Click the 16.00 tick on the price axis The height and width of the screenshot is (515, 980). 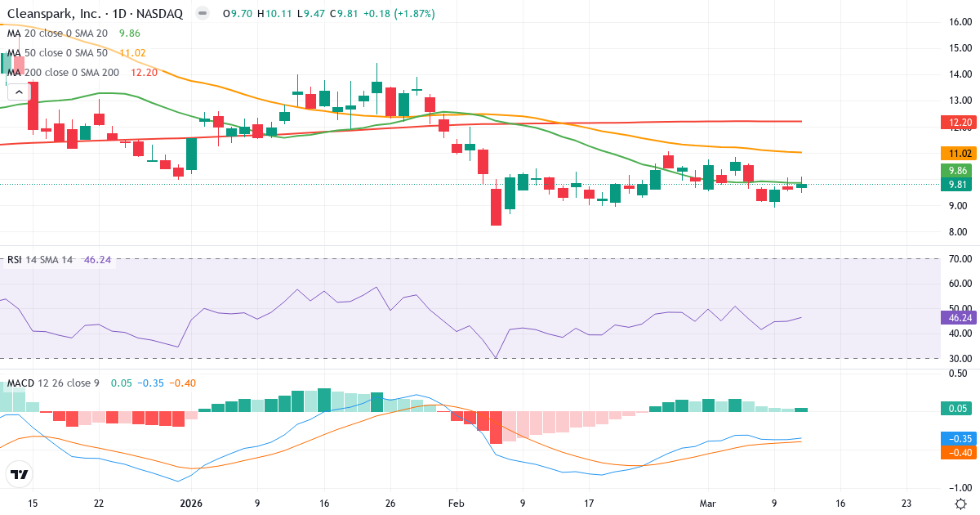coord(959,22)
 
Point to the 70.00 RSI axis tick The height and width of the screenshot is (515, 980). coord(959,259)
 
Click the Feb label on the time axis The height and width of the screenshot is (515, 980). coord(456,503)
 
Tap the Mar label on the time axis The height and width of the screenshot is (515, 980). coord(708,503)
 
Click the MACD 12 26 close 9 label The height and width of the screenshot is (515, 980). coord(54,383)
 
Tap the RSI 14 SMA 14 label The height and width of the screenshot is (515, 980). coord(40,260)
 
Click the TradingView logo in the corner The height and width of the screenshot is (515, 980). coord(19,474)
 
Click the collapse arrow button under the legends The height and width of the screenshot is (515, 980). coord(19,92)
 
